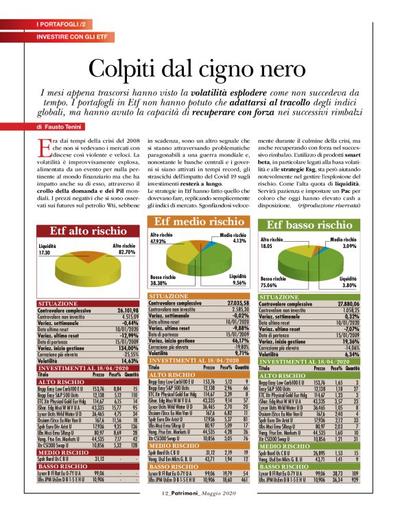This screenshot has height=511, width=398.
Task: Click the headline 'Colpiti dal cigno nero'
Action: [x=198, y=69]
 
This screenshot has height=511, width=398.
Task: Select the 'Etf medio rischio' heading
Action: [x=198, y=203]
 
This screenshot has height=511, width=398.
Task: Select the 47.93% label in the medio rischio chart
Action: [x=159, y=242]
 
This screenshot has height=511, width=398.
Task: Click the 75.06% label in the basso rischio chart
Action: [x=272, y=282]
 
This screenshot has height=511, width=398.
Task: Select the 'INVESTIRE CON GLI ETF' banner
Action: [x=71, y=34]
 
